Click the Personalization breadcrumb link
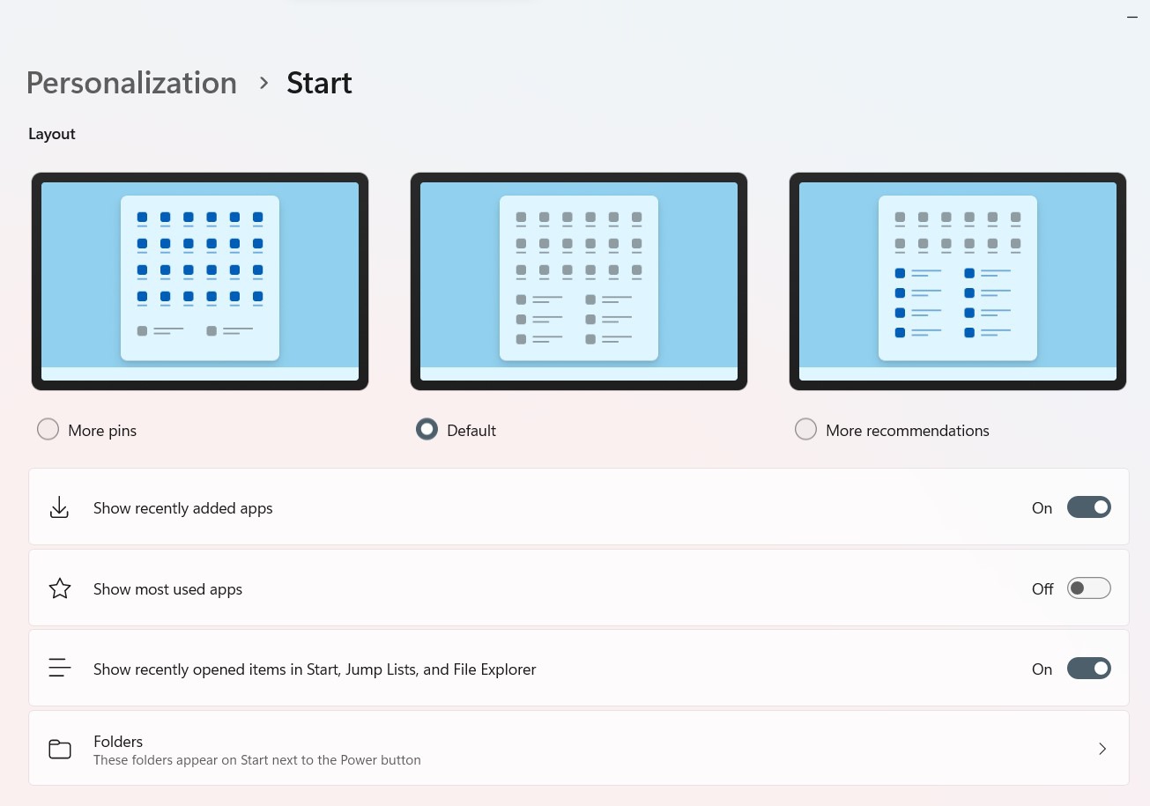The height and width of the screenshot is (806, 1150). [131, 83]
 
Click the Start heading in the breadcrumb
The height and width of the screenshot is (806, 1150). [319, 83]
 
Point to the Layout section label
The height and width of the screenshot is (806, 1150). [52, 134]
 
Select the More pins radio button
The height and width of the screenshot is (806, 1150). [48, 429]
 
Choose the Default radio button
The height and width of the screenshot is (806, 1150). [427, 429]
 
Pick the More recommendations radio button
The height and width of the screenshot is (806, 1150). [805, 429]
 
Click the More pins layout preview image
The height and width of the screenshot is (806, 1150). [200, 281]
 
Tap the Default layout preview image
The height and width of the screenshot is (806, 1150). [579, 281]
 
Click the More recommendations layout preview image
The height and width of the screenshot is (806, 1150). [958, 281]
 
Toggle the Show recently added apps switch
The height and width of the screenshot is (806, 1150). [1089, 507]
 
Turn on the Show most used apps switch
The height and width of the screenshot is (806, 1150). [1089, 588]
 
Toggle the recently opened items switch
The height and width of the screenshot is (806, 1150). [1089, 669]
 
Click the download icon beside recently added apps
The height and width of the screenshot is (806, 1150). [60, 507]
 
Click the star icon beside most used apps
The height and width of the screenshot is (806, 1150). [60, 588]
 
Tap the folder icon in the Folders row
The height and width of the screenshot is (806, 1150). [60, 749]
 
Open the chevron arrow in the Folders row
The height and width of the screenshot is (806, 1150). [1102, 749]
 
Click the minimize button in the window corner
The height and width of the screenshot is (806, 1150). [1132, 17]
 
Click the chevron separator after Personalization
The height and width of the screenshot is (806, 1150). [263, 83]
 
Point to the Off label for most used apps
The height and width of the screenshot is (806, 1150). [1042, 589]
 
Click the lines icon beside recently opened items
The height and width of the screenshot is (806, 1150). [60, 668]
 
